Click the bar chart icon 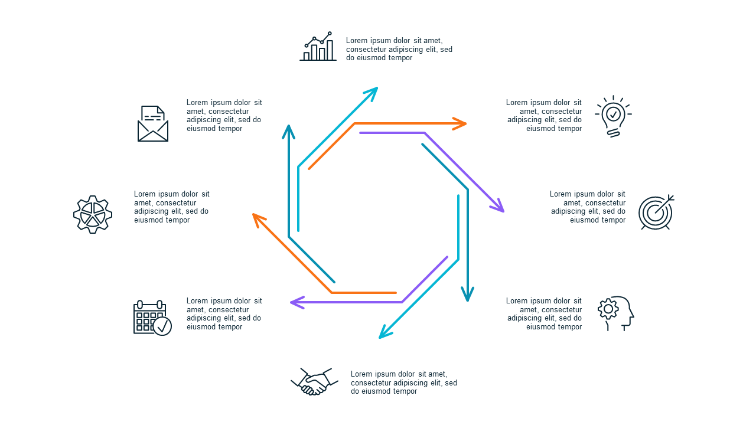(x=318, y=47)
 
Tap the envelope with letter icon (x=153, y=124)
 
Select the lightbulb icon (x=613, y=116)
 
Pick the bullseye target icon (x=656, y=212)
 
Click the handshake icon (x=315, y=381)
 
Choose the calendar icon (x=152, y=318)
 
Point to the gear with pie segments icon (x=93, y=214)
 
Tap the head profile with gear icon (x=616, y=313)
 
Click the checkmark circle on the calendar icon (x=162, y=326)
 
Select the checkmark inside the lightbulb (x=613, y=115)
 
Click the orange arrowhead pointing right (x=460, y=124)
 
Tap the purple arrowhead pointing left (x=297, y=303)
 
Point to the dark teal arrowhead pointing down (x=467, y=294)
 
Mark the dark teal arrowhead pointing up (x=289, y=132)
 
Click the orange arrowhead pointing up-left (x=259, y=220)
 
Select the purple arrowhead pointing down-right (x=498, y=206)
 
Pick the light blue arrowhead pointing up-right (x=372, y=93)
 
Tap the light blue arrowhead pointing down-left (x=385, y=332)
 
